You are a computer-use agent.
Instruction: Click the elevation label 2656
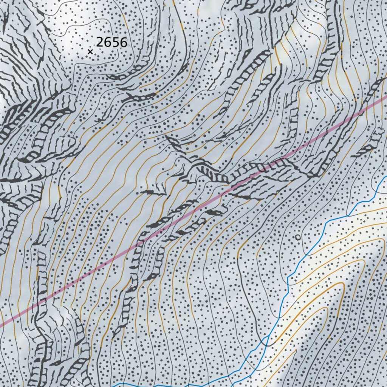coord(111,42)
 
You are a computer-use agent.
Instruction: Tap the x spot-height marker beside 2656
coord(90,51)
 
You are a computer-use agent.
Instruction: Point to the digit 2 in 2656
coord(100,42)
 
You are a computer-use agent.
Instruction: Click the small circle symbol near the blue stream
coord(298,237)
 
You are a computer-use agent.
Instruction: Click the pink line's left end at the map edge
coord(1,324)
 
